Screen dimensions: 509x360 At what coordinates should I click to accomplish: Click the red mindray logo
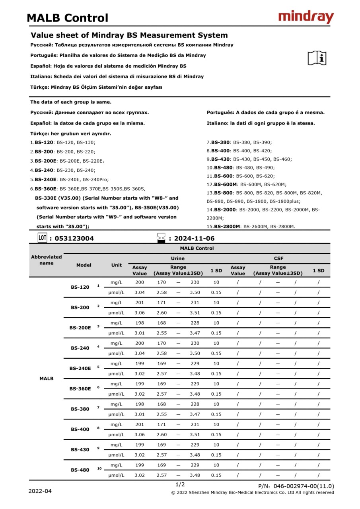tap(306, 17)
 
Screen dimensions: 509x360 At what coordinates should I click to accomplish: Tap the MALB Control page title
tap(67, 18)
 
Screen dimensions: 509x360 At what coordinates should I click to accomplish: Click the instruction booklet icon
tap(317, 58)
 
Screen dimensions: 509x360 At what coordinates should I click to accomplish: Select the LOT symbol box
tap(43, 238)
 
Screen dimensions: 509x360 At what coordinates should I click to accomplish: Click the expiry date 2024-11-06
tap(194, 239)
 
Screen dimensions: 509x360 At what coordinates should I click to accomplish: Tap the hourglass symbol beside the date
tap(161, 238)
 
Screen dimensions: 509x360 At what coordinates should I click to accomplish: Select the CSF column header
tap(278, 258)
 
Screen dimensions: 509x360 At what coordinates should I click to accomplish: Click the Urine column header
tap(177, 258)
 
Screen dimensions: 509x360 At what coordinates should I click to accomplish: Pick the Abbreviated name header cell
tap(47, 260)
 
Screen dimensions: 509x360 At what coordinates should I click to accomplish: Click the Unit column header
tap(117, 265)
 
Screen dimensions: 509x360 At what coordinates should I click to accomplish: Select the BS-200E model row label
tap(80, 328)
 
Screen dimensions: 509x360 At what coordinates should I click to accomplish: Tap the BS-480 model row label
tap(80, 470)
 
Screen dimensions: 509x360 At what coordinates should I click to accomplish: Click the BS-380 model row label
tap(80, 409)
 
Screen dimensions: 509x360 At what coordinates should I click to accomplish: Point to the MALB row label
tap(47, 379)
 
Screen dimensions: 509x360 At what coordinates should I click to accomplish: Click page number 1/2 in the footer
tap(180, 484)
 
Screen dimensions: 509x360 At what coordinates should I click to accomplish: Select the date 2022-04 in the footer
tap(40, 491)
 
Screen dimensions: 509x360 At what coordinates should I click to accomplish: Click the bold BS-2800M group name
tap(227, 227)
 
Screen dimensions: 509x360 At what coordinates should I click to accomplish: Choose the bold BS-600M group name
tap(225, 184)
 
